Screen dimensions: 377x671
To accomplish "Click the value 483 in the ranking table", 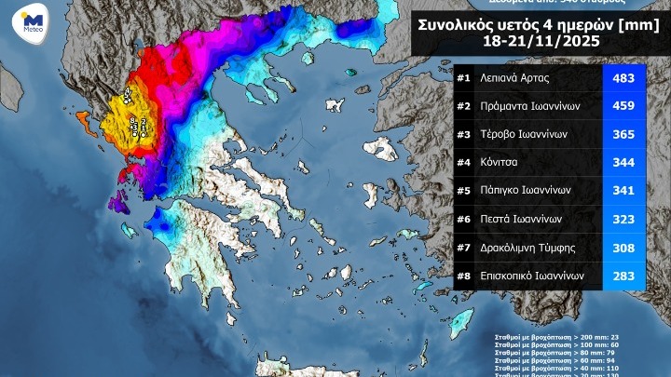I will (x=623, y=78).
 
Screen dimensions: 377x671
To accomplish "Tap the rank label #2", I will (x=462, y=106).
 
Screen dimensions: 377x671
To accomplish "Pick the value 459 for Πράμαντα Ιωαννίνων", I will (x=623, y=106).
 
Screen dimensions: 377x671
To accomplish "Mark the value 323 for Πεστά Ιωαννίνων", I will (x=623, y=220).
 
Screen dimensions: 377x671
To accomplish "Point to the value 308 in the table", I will (x=623, y=249).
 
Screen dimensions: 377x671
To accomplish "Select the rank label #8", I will (x=462, y=276).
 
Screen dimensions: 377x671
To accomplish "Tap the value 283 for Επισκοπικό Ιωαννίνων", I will (x=623, y=276).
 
